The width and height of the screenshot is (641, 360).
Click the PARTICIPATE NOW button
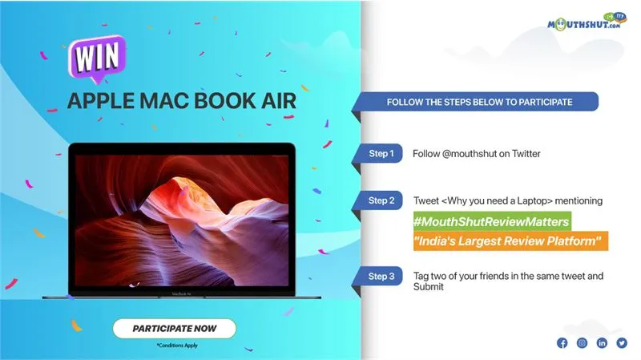pyautogui.click(x=175, y=328)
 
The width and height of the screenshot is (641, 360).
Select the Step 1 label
pyautogui.click(x=381, y=153)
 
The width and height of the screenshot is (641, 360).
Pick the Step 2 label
pyautogui.click(x=381, y=200)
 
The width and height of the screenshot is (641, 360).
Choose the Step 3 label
pyautogui.click(x=381, y=277)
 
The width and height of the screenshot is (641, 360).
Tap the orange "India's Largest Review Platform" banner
pyautogui.click(x=510, y=241)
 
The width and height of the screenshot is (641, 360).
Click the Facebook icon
pyautogui.click(x=562, y=343)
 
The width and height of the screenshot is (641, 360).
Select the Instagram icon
pyautogui.click(x=582, y=343)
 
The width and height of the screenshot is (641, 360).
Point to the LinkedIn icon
pyautogui.click(x=602, y=343)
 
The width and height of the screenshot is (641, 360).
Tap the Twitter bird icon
pyautogui.click(x=622, y=343)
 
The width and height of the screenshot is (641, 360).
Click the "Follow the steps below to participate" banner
pyautogui.click(x=479, y=103)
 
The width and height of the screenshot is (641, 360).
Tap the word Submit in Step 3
pyautogui.click(x=428, y=286)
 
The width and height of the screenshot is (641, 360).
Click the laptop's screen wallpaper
pyautogui.click(x=195, y=216)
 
